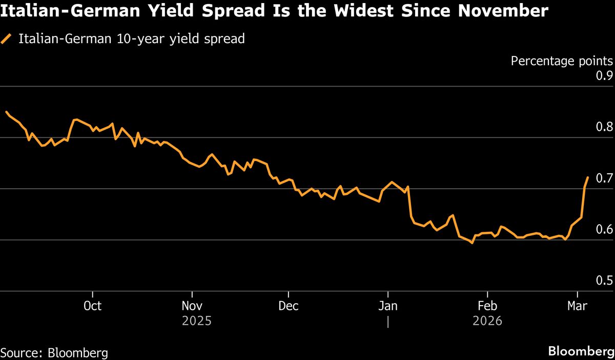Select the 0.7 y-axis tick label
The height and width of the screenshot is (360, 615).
pyautogui.click(x=604, y=178)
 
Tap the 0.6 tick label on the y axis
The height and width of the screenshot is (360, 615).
pyautogui.click(x=604, y=229)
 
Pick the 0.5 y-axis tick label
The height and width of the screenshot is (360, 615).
pyautogui.click(x=604, y=281)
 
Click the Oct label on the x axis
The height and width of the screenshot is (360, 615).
pyautogui.click(x=92, y=306)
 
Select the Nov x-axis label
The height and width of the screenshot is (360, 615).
pyautogui.click(x=192, y=306)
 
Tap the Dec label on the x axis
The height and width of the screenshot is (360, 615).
pyautogui.click(x=289, y=306)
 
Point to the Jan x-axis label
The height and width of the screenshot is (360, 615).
pyautogui.click(x=388, y=306)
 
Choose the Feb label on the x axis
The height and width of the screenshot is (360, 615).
pyautogui.click(x=487, y=306)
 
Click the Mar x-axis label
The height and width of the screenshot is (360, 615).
pyautogui.click(x=578, y=306)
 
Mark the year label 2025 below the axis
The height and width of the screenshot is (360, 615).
pyautogui.click(x=197, y=322)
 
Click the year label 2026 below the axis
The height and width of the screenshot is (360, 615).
pyautogui.click(x=487, y=322)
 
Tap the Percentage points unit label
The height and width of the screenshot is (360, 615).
pyautogui.click(x=561, y=61)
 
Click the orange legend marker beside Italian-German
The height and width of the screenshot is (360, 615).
pyautogui.click(x=7, y=39)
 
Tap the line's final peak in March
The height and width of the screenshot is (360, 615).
pyautogui.click(x=587, y=177)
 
